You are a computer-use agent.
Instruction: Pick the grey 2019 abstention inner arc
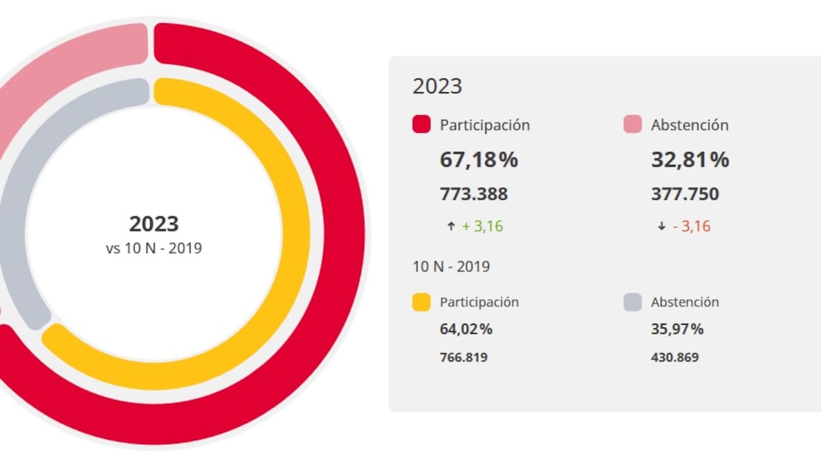tap(27, 171)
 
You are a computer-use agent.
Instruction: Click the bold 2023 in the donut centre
tap(154, 224)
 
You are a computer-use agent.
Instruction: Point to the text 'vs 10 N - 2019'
tap(154, 248)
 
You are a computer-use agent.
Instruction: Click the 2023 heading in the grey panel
tap(437, 86)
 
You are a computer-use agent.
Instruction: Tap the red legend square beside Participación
tap(421, 125)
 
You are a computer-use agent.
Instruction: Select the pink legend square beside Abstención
tap(633, 125)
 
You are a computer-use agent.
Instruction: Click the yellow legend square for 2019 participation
tap(421, 302)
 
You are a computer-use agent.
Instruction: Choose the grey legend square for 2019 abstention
tap(633, 302)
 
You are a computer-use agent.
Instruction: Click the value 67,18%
tap(478, 160)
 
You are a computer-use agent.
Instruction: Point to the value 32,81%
tap(690, 160)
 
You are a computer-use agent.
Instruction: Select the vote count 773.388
tap(473, 194)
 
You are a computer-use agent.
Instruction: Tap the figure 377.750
tap(685, 194)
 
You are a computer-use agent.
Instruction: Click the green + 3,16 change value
tap(482, 227)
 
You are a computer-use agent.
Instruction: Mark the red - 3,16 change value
tap(691, 227)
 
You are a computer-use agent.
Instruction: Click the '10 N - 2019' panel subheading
tap(451, 266)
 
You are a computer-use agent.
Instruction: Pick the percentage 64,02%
tap(466, 329)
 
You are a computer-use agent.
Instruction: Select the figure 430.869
tap(675, 357)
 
